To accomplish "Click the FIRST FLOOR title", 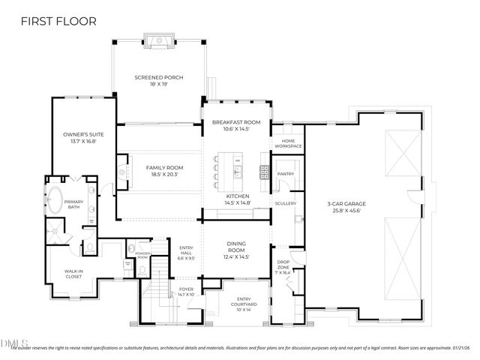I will point(59,21).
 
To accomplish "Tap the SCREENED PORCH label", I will point(158,78).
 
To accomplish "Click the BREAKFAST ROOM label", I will point(235,122).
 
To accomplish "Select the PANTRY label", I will point(286,173).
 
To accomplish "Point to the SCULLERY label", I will point(286,203).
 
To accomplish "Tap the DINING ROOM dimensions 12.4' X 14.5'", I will point(236,257).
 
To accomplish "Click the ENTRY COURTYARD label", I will point(243,301).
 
